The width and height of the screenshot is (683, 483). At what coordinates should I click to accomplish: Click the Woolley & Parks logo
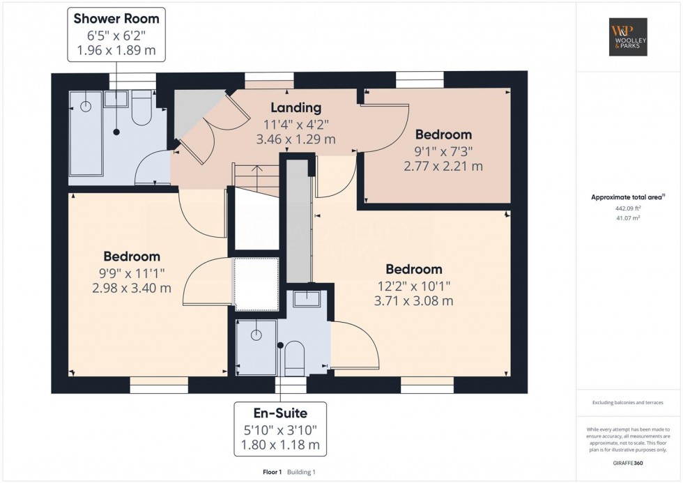click(x=628, y=37)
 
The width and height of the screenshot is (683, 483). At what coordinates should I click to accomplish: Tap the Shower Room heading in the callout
click(x=116, y=19)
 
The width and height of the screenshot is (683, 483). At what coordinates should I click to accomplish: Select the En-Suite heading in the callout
click(x=280, y=413)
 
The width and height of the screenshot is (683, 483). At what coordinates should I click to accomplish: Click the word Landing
click(x=296, y=107)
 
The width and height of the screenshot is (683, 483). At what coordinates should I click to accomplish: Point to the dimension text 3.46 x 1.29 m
click(x=296, y=139)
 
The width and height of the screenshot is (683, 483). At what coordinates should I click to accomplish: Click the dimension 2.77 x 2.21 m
click(x=443, y=166)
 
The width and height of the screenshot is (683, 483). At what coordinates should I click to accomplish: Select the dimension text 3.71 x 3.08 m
click(x=414, y=300)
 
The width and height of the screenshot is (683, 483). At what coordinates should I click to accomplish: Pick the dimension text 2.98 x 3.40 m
click(x=132, y=288)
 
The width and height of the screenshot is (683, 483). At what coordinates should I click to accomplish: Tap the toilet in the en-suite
click(x=294, y=358)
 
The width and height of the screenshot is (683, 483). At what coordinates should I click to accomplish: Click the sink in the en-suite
click(x=307, y=299)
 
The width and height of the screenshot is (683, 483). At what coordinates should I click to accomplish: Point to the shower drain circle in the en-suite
click(x=256, y=335)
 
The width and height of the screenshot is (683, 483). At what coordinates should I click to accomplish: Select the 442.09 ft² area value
click(x=628, y=208)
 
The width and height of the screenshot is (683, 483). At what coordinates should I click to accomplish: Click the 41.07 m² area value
click(x=628, y=217)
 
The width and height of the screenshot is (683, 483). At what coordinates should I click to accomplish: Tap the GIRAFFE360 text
click(x=628, y=463)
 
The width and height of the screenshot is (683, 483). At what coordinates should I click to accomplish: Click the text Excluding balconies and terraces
click(x=628, y=402)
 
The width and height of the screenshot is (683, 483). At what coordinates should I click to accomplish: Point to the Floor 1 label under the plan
click(x=273, y=472)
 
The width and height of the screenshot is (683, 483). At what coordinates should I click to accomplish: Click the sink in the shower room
click(x=116, y=98)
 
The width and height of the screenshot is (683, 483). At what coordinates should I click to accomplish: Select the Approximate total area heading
click(x=628, y=197)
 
